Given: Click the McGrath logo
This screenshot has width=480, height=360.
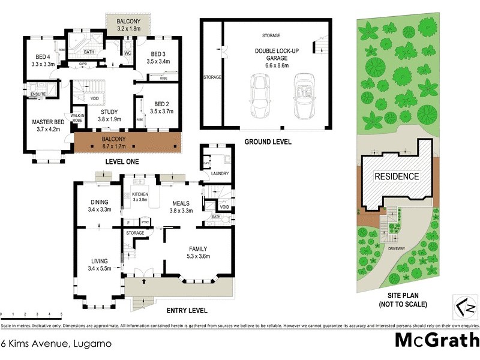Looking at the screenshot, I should [436, 340].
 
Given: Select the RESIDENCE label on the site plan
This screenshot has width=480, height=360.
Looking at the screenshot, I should [397, 176].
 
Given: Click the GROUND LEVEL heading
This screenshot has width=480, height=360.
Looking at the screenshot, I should [268, 142].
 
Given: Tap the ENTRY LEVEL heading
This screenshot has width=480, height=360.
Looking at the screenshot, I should [187, 311].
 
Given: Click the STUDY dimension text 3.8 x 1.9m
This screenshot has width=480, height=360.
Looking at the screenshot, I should [110, 119].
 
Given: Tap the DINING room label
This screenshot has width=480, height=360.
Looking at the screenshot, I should [99, 202].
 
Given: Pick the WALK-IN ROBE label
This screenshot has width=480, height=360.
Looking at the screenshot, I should [77, 118].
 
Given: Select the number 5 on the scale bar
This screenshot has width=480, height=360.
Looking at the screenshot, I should [61, 314].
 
